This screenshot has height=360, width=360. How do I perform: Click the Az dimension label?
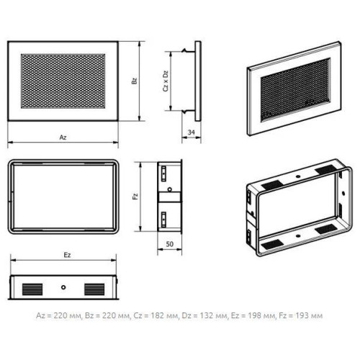(x=63, y=138)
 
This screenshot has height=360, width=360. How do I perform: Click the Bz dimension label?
(x=135, y=81)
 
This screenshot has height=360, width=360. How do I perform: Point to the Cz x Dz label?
(x=166, y=81)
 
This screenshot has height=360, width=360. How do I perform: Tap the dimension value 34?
(x=192, y=132)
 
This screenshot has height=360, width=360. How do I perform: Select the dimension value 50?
(x=170, y=244)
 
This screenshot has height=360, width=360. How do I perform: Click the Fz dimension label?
(x=135, y=197)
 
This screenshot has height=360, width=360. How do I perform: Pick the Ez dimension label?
(x=67, y=255)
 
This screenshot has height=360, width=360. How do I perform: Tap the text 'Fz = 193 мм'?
(x=301, y=315)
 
